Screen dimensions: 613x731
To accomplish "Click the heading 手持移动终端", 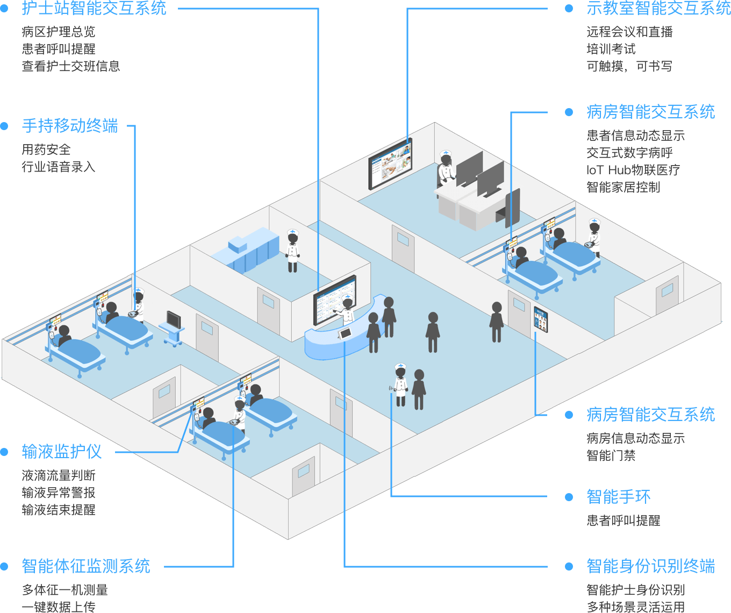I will point(70,126).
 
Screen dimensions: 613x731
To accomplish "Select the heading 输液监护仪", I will point(62,451).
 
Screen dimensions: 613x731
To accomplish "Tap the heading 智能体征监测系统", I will point(86,566).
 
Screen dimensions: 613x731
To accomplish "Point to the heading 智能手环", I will point(618,496).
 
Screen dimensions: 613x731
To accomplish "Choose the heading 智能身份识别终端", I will point(650,566).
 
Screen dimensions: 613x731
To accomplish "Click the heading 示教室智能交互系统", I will point(658,8).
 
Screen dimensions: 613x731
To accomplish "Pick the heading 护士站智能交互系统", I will point(94,8).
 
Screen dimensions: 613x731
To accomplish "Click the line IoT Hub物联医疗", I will point(633,170).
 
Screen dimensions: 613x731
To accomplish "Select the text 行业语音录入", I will point(59,167).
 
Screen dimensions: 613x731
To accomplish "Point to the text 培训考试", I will point(611,49).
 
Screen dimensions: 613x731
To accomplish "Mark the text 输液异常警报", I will point(59,493).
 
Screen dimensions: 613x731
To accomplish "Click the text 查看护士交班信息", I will point(71,66).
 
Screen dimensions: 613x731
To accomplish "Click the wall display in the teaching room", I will point(390,163).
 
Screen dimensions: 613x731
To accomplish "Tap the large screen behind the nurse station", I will point(334,300).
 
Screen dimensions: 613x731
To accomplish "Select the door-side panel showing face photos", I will point(541,319).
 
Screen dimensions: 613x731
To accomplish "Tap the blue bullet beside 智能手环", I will point(569,497).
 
